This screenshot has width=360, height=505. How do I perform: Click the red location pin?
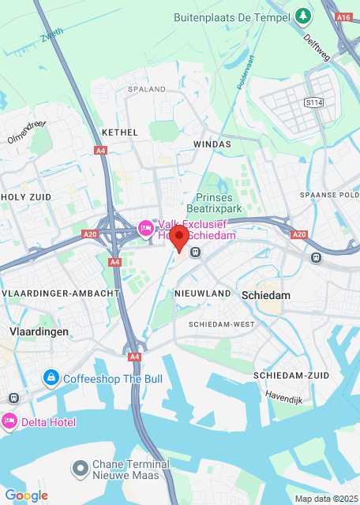click(x=179, y=238)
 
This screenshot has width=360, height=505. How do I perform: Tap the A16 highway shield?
click(x=343, y=15)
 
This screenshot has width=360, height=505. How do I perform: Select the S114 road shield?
click(x=315, y=103)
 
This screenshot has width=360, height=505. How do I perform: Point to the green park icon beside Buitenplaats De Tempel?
click(x=303, y=15)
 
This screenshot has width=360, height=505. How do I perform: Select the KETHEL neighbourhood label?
click(x=120, y=133)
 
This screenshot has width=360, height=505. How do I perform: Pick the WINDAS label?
click(x=212, y=144)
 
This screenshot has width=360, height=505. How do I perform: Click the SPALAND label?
click(x=146, y=89)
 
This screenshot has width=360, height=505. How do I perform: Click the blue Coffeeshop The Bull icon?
click(x=51, y=379)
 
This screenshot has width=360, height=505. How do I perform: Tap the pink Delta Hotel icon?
click(x=10, y=421)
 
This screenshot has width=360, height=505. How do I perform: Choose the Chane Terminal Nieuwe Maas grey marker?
click(x=79, y=469)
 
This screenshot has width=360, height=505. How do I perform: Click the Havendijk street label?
click(x=284, y=395)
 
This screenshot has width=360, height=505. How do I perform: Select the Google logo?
click(x=26, y=495)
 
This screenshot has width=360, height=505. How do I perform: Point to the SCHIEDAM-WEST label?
click(x=220, y=324)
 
